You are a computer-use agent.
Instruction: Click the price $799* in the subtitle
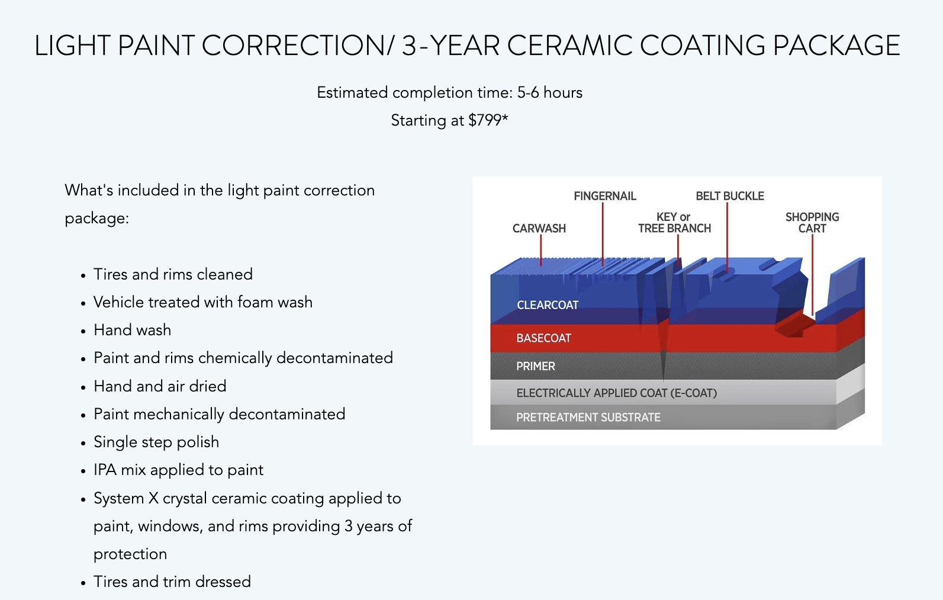[488, 120]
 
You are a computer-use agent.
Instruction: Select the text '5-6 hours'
[550, 93]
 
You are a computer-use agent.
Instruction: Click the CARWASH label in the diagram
[539, 229]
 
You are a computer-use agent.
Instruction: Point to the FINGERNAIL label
[605, 196]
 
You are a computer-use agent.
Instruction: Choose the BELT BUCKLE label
[730, 196]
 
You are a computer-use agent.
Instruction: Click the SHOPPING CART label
[812, 223]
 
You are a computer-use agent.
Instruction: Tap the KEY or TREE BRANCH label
[674, 223]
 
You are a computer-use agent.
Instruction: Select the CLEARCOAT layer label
[548, 305]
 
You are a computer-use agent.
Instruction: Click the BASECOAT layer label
[543, 338]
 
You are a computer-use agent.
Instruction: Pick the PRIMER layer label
[536, 366]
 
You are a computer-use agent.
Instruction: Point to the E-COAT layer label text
[616, 393]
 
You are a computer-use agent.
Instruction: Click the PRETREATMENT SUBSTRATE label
[588, 417]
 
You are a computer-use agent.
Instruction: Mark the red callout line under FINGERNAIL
[603, 235]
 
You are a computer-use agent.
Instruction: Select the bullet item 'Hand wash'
[132, 330]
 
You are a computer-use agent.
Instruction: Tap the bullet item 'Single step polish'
[156, 442]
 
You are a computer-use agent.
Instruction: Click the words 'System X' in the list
[126, 498]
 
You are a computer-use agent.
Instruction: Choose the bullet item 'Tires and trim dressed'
[172, 582]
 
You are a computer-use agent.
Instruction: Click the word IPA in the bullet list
[105, 470]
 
